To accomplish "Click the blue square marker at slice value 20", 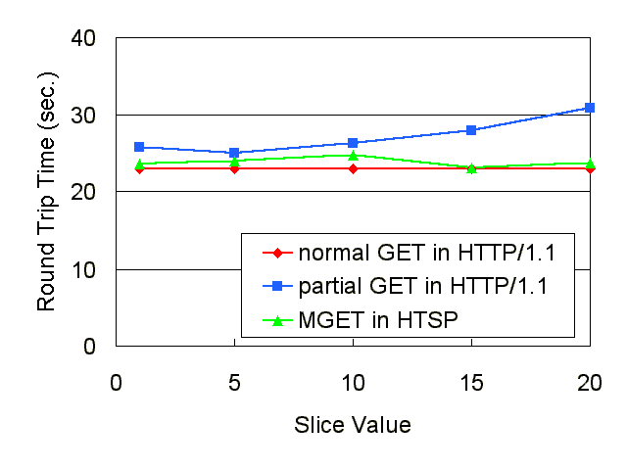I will click(590, 108).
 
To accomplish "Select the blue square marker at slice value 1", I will click(139, 147).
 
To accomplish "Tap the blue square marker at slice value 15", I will click(471, 130).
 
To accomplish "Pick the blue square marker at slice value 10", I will click(353, 143).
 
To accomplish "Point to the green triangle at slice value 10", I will click(353, 155).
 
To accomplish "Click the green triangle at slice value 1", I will click(139, 164).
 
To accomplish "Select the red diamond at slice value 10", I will click(353, 168).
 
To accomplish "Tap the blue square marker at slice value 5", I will click(234, 153).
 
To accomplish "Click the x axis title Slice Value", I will click(353, 425).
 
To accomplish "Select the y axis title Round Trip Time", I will click(47, 191).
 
